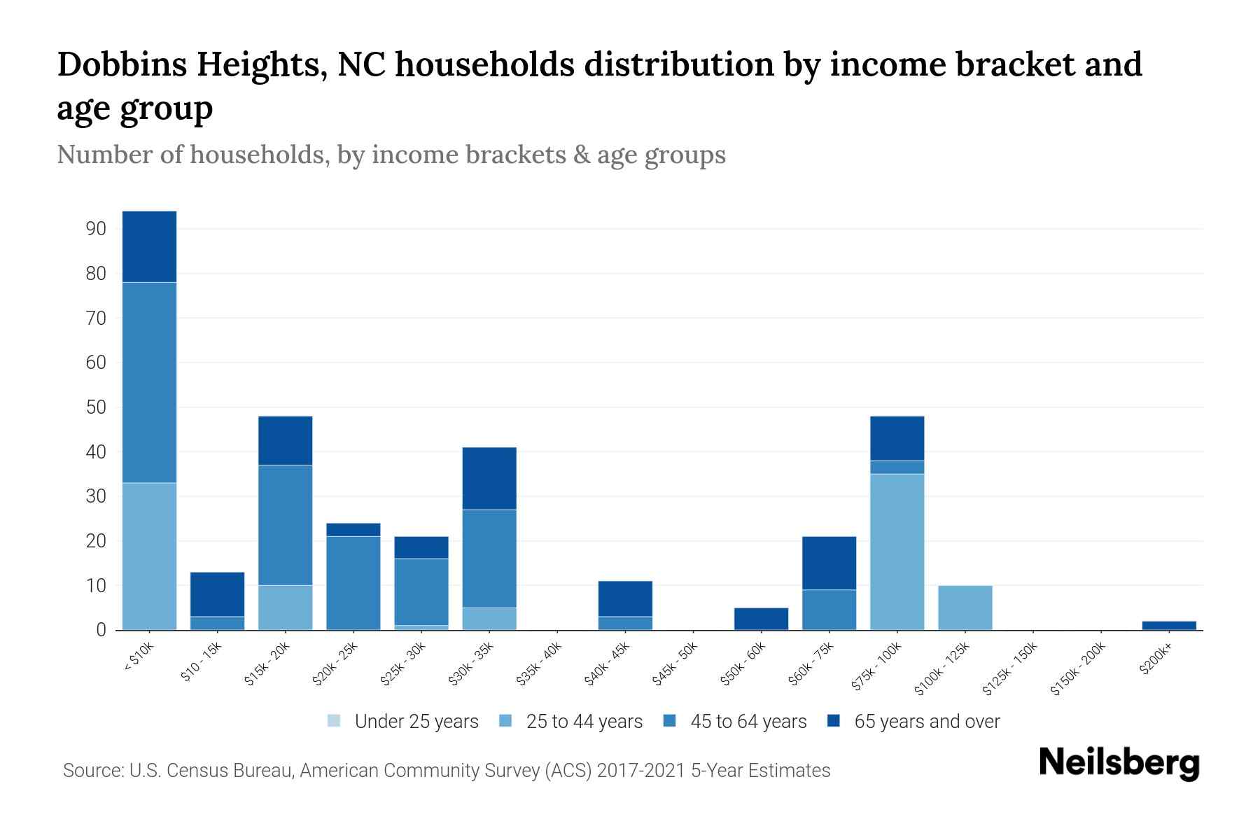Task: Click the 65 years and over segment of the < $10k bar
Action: point(149,246)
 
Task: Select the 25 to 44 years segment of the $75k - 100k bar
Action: point(897,552)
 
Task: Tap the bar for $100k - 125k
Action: point(965,608)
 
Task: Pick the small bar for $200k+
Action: point(1169,625)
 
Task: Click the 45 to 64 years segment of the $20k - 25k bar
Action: point(353,582)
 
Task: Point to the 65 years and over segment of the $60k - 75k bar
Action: point(829,563)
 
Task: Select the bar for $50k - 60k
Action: point(761,619)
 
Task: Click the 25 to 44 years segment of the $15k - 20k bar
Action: point(286,608)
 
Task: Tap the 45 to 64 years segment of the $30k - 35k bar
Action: point(489,559)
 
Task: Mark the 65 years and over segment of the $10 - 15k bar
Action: point(218,594)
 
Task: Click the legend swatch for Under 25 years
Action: point(334,721)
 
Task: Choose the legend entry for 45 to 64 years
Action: point(748,721)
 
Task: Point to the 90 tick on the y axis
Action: point(96,229)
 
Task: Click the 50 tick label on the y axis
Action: point(96,407)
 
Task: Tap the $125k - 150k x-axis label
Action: point(1011,670)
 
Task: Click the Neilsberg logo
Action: point(1119,762)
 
